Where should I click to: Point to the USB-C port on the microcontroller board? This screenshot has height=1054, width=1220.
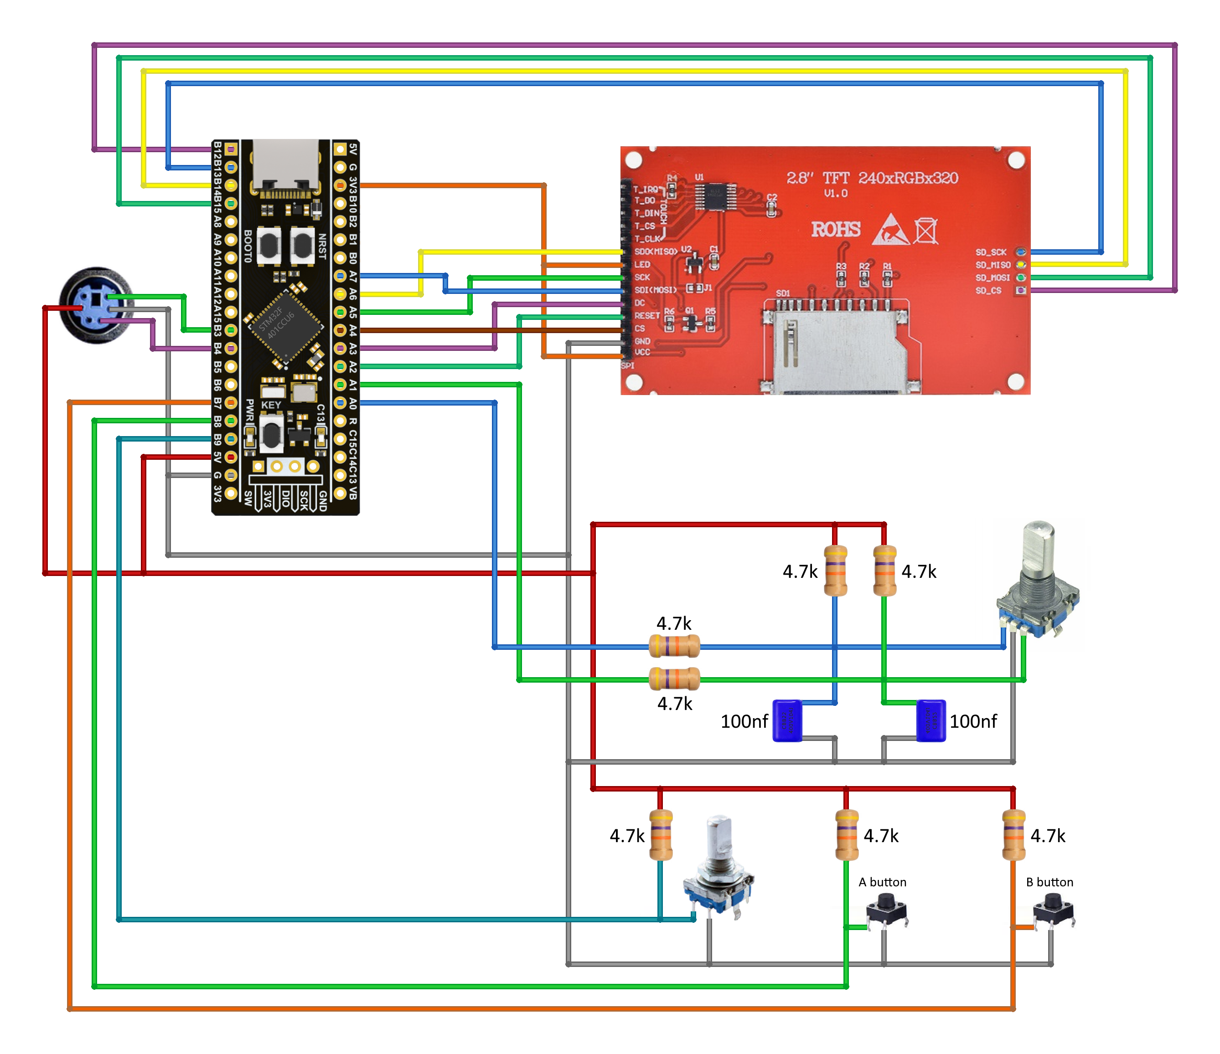click(x=285, y=168)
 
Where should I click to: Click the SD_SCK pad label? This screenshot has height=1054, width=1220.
click(x=991, y=252)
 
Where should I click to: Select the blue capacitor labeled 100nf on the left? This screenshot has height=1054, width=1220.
click(x=787, y=720)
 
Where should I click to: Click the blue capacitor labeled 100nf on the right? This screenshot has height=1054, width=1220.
click(x=931, y=720)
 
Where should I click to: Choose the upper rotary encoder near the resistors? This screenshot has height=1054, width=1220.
click(x=1038, y=583)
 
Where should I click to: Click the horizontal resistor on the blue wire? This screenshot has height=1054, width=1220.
click(x=674, y=646)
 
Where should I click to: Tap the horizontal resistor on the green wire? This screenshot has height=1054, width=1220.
click(x=674, y=679)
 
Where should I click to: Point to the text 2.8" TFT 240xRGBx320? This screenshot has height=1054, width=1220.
click(x=872, y=178)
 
